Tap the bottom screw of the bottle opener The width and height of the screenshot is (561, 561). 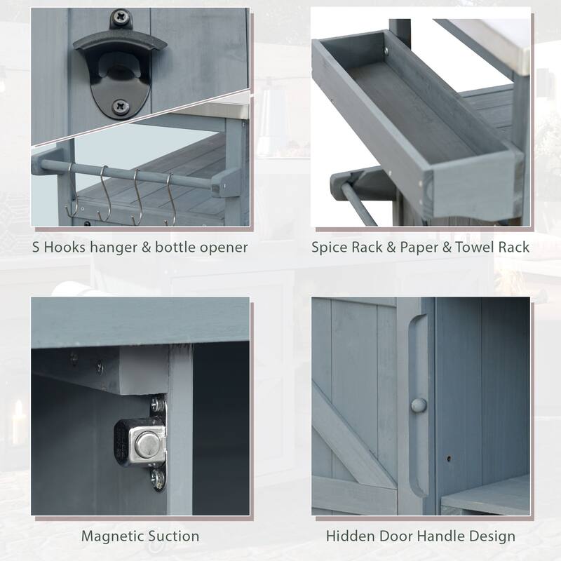[121, 107]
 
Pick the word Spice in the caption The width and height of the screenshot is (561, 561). [332, 247]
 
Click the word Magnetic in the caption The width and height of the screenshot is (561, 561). [114, 536]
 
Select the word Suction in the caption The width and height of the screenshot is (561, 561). [174, 536]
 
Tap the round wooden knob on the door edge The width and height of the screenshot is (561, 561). [418, 405]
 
